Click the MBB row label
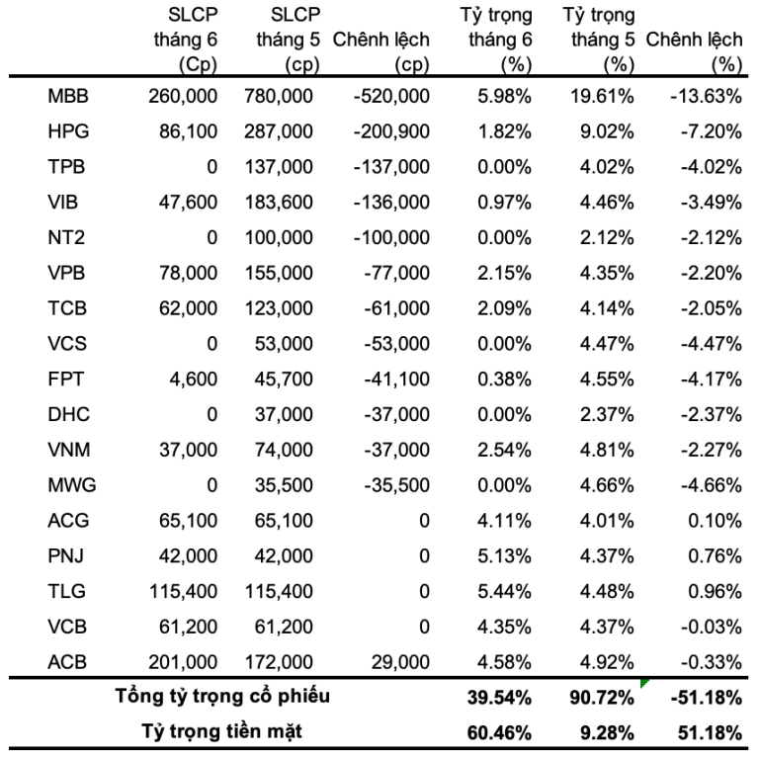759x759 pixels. click(x=68, y=96)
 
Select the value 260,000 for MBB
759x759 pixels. click(x=183, y=96)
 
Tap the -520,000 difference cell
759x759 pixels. click(x=391, y=96)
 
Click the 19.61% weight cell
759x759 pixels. click(x=602, y=96)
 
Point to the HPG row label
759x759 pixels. click(x=68, y=131)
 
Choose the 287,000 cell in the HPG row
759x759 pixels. click(x=279, y=131)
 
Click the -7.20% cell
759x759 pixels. click(x=711, y=131)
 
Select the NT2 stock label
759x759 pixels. click(x=66, y=237)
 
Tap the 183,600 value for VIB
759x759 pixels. click(x=279, y=202)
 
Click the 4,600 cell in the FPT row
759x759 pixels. click(x=193, y=379)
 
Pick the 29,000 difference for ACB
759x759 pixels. click(x=400, y=662)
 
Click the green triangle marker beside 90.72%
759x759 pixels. click(x=644, y=683)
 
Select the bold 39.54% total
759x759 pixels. click(x=499, y=698)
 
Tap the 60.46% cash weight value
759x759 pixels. click(x=499, y=733)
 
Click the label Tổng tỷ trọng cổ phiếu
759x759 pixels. click(x=222, y=697)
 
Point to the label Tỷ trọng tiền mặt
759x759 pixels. click(x=221, y=732)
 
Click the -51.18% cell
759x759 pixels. click(x=706, y=698)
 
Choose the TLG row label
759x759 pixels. click(x=66, y=591)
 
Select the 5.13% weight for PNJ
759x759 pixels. click(x=504, y=555)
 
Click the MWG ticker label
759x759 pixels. click(x=71, y=485)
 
